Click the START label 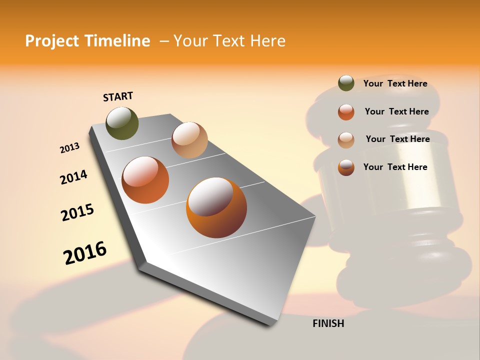click(118, 96)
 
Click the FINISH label click(328, 323)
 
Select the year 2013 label click(69, 148)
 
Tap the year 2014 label click(73, 177)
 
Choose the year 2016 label click(85, 253)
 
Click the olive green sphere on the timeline click(122, 123)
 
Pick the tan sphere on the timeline click(189, 140)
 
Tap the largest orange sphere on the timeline click(216, 207)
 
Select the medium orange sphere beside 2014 click(145, 180)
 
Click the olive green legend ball click(346, 83)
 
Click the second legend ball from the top click(346, 112)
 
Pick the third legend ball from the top click(346, 140)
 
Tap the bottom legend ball click(346, 167)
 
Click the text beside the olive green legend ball click(395, 83)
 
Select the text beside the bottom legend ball click(395, 167)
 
